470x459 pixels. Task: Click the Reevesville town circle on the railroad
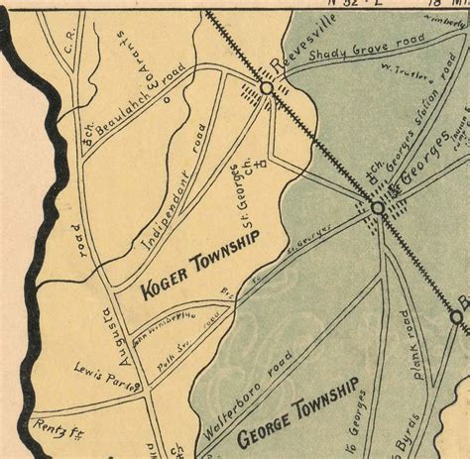[x=266, y=89]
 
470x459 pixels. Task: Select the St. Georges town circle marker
[x=378, y=208]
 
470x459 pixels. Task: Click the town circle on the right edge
[x=456, y=317]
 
